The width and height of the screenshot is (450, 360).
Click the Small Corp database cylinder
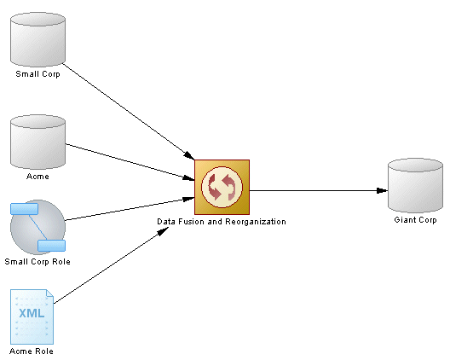(x=37, y=39)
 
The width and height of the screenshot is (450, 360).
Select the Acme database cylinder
(x=37, y=142)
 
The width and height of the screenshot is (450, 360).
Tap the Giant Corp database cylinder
(x=415, y=185)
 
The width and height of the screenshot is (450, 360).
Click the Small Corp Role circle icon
(x=37, y=227)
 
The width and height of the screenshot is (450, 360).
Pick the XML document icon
(x=32, y=316)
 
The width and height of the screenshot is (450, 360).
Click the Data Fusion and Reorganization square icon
(x=222, y=187)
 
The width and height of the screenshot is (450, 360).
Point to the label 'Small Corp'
(x=37, y=74)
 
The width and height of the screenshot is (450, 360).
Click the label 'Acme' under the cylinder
(x=37, y=176)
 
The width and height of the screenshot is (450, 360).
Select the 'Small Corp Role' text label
(x=37, y=262)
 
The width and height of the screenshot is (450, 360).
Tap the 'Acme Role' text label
(x=32, y=351)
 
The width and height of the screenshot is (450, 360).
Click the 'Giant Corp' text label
(x=415, y=220)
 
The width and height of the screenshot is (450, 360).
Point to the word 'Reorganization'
(x=256, y=222)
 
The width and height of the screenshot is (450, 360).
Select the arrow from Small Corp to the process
(x=129, y=112)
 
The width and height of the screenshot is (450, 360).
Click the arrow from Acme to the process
(x=130, y=162)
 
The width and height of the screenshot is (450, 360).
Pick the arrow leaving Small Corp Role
(x=130, y=209)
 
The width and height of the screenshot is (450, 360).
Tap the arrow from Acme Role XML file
(x=111, y=265)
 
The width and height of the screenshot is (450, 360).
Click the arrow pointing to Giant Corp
(x=319, y=190)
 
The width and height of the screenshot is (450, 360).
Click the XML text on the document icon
(x=32, y=313)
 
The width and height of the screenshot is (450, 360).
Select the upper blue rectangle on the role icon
(x=25, y=209)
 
